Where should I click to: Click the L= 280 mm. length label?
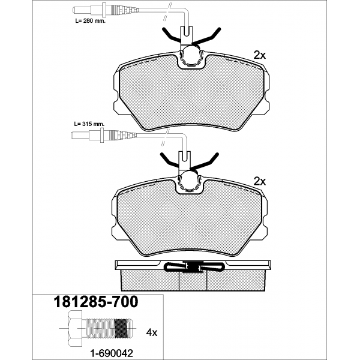pos(90,21)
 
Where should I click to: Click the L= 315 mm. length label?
pos(89,124)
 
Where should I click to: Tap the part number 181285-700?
pos(96,302)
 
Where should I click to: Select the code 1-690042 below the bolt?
pos(112,353)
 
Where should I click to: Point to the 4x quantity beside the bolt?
pos(152,332)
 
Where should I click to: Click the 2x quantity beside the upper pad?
pos(259,55)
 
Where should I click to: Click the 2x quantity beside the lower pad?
pos(259,181)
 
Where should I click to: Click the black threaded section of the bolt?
pos(121,329)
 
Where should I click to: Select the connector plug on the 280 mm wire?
pos(106,10)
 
